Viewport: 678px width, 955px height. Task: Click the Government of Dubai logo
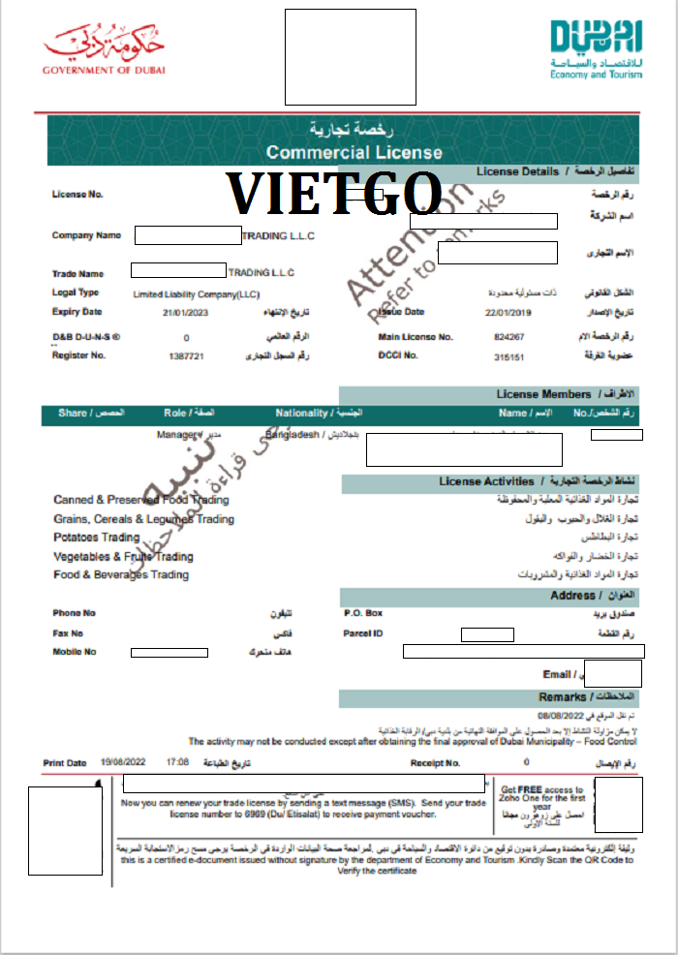pos(104,49)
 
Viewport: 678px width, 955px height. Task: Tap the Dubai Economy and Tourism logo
pos(596,48)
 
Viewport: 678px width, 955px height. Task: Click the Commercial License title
pos(354,152)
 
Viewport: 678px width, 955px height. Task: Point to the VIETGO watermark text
pos(334,192)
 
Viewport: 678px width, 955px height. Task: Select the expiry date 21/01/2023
pos(185,312)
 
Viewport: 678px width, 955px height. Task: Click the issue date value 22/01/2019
pos(509,312)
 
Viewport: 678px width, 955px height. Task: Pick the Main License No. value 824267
pos(508,337)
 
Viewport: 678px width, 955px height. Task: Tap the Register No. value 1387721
pos(185,355)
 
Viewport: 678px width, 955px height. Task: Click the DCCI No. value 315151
pos(508,355)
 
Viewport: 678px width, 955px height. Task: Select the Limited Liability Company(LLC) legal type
pos(197,293)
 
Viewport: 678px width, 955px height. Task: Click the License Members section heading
pos(543,394)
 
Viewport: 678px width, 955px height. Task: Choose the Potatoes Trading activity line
pos(97,538)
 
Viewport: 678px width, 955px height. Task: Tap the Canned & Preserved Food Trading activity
pos(141,500)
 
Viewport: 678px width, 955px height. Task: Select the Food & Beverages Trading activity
pos(121,574)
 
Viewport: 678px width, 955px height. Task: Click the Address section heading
pos(573,595)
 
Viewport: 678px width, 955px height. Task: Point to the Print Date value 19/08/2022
pos(120,763)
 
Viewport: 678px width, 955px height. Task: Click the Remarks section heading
pos(563,697)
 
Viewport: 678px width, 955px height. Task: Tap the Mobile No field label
pos(75,652)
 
